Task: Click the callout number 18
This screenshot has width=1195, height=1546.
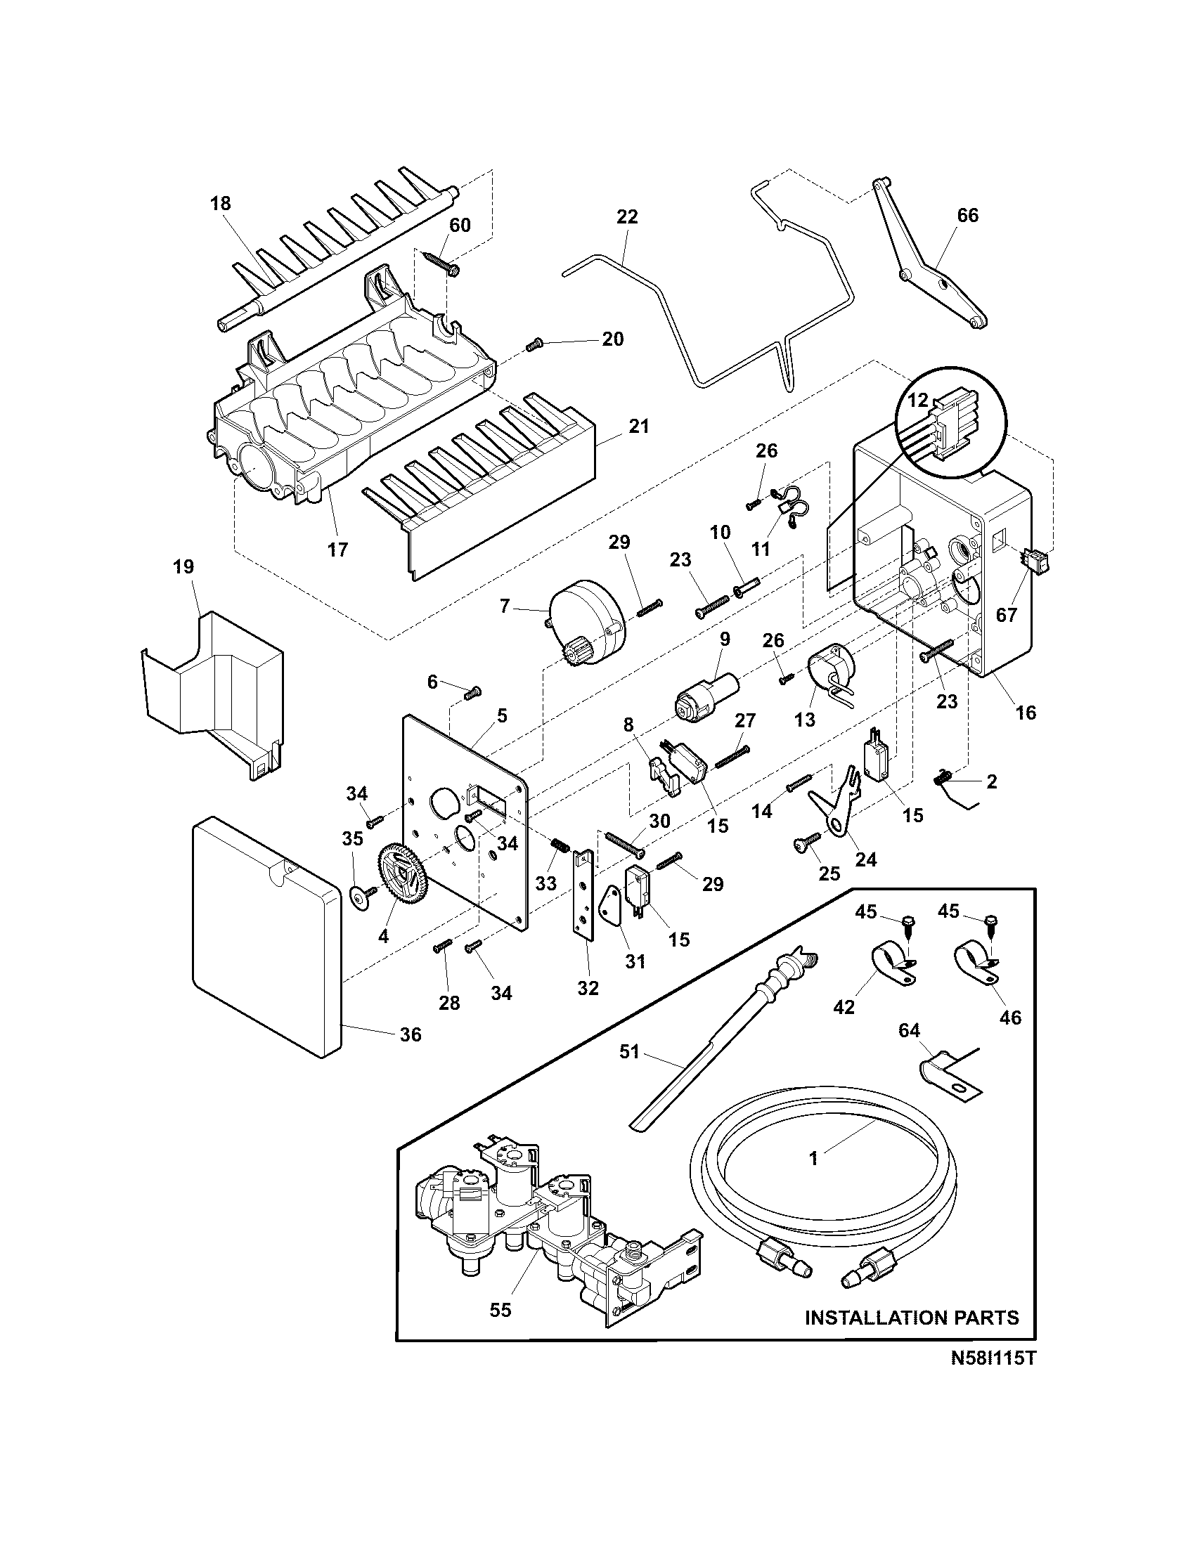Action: tap(221, 204)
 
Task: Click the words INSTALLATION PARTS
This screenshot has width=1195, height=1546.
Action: tap(912, 1318)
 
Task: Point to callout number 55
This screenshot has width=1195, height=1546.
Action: tap(500, 1311)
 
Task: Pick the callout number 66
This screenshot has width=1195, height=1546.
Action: tap(967, 215)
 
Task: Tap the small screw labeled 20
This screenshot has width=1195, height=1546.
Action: tap(533, 346)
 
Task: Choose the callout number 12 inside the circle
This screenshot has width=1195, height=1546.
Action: tap(917, 400)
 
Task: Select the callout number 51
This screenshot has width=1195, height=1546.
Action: tap(628, 1072)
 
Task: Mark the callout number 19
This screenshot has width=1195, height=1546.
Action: tap(183, 567)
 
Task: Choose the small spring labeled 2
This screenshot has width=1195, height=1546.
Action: tap(944, 778)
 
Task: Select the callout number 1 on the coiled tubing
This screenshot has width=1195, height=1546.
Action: tap(814, 1159)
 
